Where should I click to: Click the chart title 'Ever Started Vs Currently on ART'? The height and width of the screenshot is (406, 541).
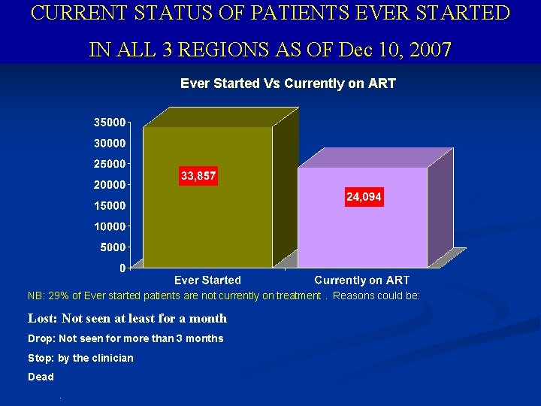click(x=288, y=83)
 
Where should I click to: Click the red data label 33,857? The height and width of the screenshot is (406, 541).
click(x=198, y=176)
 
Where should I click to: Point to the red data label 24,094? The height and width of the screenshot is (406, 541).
click(x=364, y=197)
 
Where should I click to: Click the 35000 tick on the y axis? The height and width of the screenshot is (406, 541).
click(x=110, y=122)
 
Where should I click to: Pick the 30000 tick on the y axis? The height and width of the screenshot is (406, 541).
click(x=110, y=143)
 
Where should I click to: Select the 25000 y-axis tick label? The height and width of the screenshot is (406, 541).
click(x=110, y=164)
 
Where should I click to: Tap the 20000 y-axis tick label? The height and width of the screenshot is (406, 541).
click(x=110, y=184)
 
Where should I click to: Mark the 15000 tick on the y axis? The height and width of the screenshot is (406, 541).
click(x=110, y=205)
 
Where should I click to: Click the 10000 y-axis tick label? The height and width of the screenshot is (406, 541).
click(x=110, y=226)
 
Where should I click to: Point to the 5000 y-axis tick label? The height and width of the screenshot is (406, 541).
click(x=113, y=247)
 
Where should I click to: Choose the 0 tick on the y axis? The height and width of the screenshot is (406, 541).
click(x=122, y=268)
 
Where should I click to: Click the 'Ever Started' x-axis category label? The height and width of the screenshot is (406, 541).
click(x=208, y=280)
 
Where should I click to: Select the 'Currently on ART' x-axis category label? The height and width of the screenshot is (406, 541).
click(x=362, y=280)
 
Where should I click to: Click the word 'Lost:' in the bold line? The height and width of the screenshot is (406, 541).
click(x=43, y=318)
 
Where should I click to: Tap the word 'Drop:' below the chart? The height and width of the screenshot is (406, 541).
click(x=41, y=338)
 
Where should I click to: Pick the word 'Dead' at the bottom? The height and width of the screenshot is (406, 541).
click(x=41, y=377)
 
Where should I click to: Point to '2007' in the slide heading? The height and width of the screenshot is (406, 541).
click(x=427, y=50)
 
